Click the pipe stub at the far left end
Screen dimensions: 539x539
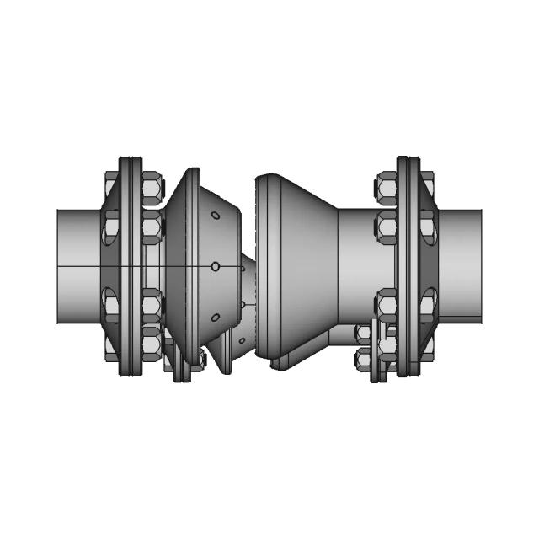click(77, 265)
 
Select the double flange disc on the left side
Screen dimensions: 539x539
click(130, 265)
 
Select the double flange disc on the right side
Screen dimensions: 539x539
click(408, 265)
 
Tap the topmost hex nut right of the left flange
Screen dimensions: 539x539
click(151, 188)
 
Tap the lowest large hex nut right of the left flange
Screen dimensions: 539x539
click(151, 340)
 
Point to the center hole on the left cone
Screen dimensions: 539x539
click(216, 266)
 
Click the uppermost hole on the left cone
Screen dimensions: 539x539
click(215, 216)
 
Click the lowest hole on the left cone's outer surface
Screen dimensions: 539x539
click(215, 318)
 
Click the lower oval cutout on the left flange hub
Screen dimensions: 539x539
click(110, 302)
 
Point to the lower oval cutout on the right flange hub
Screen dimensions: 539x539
click(428, 302)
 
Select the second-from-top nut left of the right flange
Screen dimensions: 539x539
click(387, 226)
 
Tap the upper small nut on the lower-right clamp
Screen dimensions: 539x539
click(365, 334)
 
